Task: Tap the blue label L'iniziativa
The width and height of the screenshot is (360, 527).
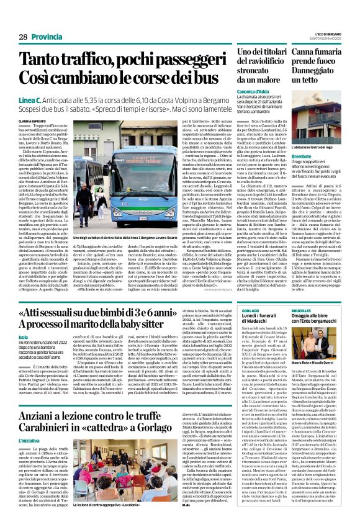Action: pos(29,439)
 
